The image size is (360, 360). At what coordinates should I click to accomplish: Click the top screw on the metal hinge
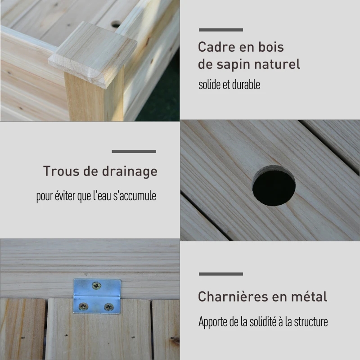[x=96, y=286]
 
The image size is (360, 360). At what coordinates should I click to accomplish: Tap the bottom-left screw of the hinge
[x=83, y=306]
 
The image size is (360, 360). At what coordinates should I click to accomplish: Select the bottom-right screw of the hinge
[x=108, y=307]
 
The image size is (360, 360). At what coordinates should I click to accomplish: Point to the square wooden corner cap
[x=93, y=54]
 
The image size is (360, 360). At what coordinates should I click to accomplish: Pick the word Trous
[x=61, y=171]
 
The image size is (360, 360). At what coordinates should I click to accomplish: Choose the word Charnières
[x=233, y=297]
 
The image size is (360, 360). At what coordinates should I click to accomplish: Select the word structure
[x=311, y=322]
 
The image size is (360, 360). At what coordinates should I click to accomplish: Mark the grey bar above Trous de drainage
[x=134, y=151]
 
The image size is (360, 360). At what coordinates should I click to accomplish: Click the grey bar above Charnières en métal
[x=221, y=274]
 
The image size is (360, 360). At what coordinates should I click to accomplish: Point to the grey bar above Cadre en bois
[x=221, y=30]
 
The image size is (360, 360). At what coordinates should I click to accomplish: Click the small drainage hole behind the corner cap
[x=116, y=24]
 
